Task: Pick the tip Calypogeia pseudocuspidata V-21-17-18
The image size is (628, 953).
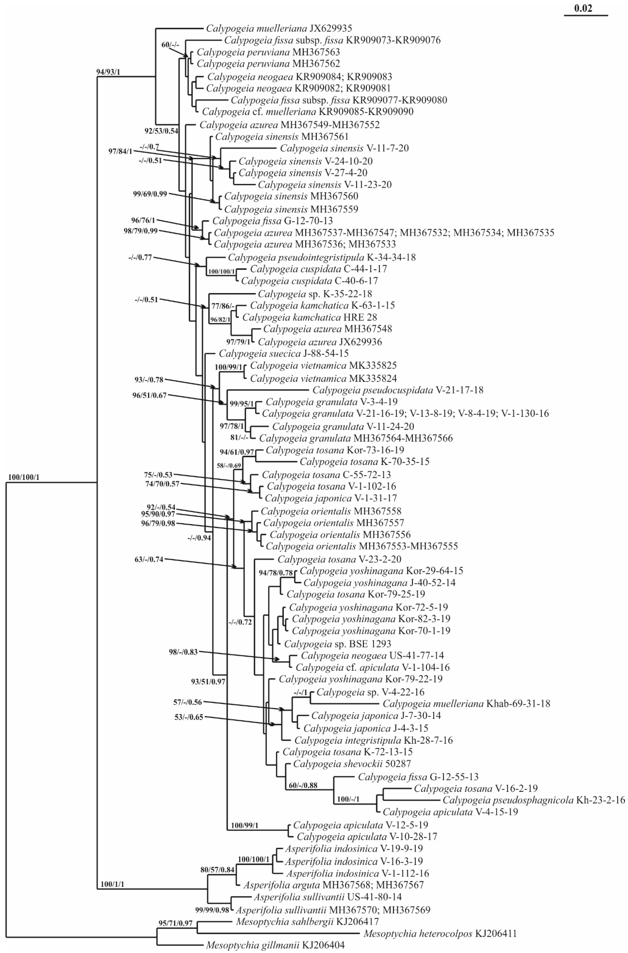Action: (x=398, y=390)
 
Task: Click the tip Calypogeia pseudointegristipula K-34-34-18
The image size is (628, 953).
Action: (x=322, y=257)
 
